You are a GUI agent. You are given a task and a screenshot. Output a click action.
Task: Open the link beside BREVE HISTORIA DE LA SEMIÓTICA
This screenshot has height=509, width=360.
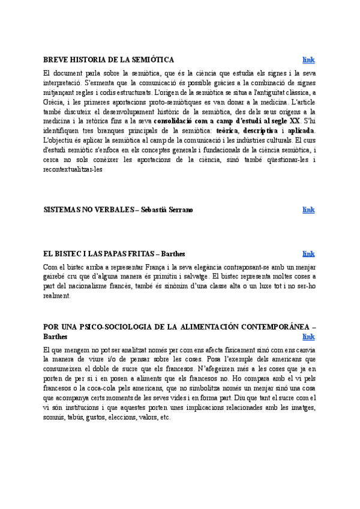[308, 59]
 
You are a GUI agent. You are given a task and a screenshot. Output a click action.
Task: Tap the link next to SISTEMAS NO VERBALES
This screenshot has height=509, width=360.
[308, 209]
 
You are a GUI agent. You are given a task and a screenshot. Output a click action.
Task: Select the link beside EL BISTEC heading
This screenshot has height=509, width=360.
[308, 254]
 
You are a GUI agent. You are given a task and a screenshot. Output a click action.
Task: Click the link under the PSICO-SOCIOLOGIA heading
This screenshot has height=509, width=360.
[308, 337]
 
